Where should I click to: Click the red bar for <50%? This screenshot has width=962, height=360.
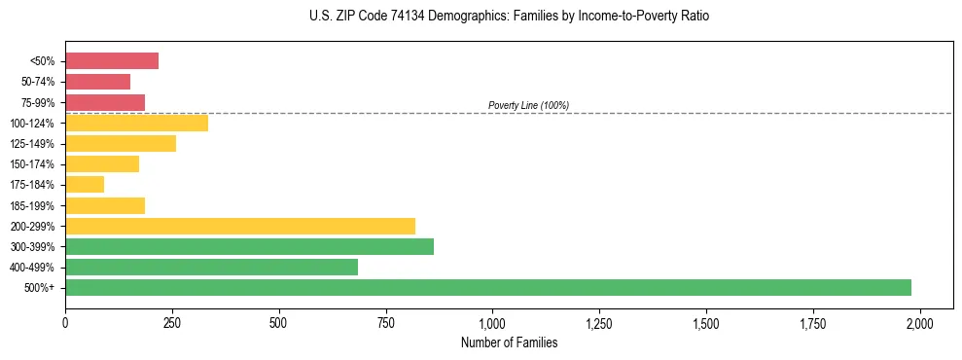112,61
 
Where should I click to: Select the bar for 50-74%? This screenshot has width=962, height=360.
97,82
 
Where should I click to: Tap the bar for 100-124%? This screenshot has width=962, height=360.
136,123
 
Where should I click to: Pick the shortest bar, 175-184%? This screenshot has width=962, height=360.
85,185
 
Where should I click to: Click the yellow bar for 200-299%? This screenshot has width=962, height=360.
240,226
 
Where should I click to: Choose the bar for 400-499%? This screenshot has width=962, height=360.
211,267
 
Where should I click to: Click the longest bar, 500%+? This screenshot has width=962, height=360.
488,287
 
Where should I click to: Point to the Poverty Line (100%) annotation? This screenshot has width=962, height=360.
528,105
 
